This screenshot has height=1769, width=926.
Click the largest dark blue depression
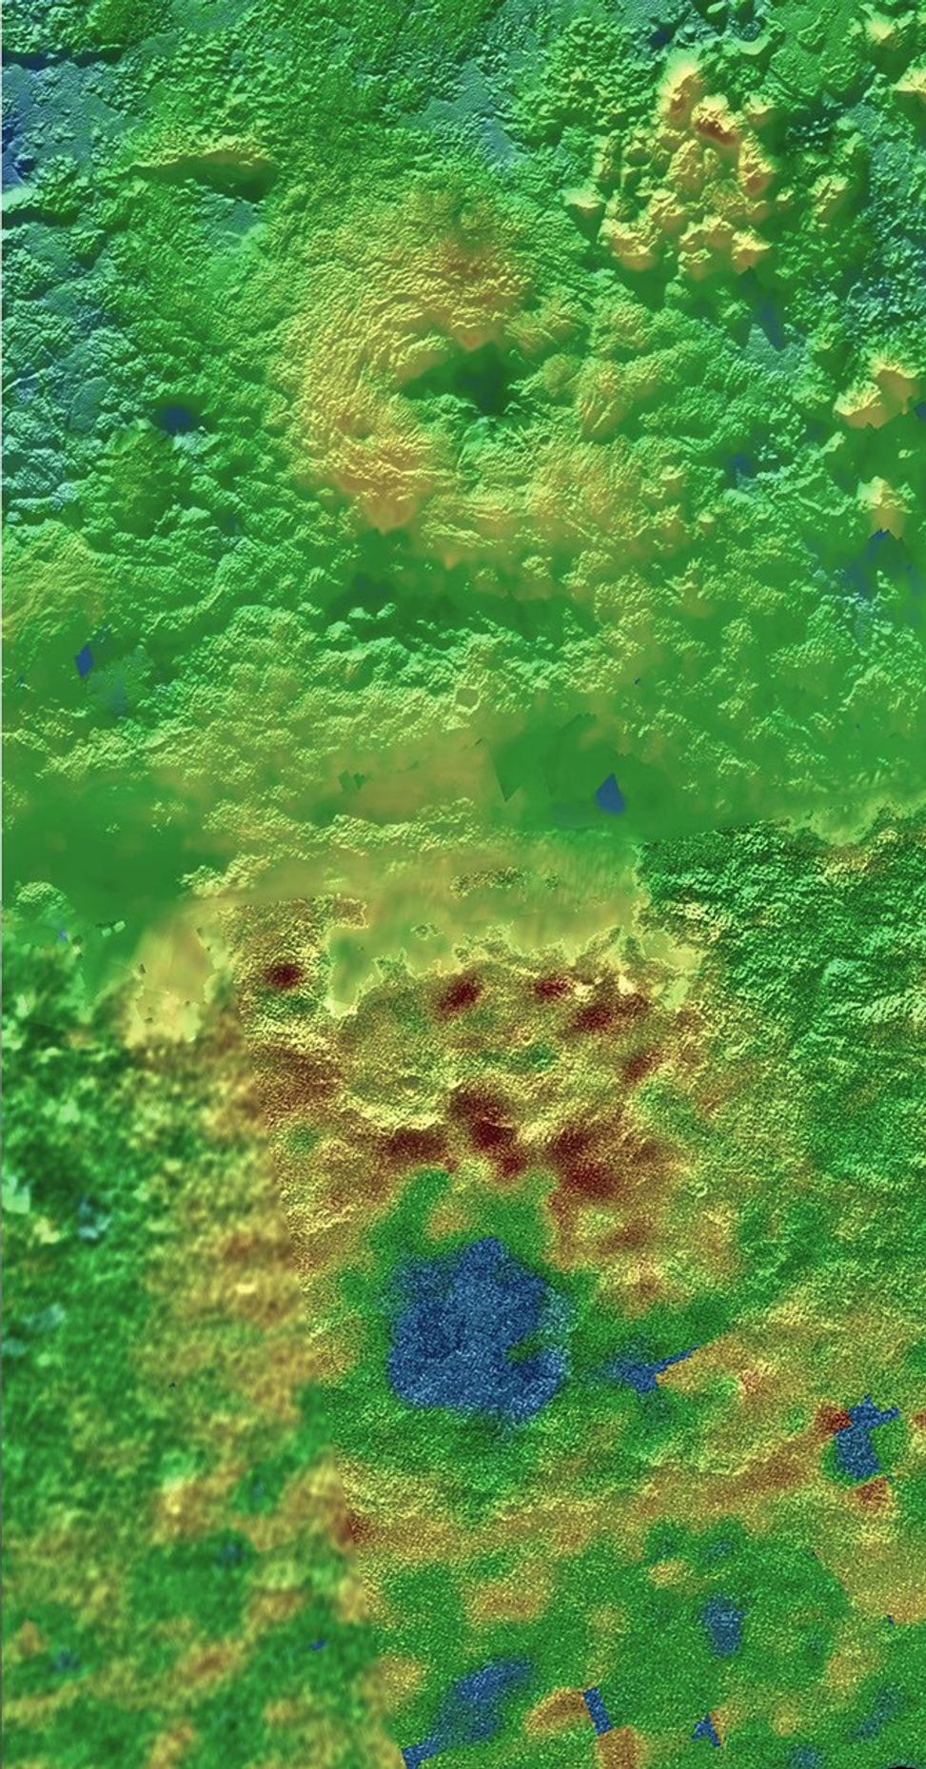[x=466, y=1332]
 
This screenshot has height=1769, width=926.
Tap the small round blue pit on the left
[x=175, y=416]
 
